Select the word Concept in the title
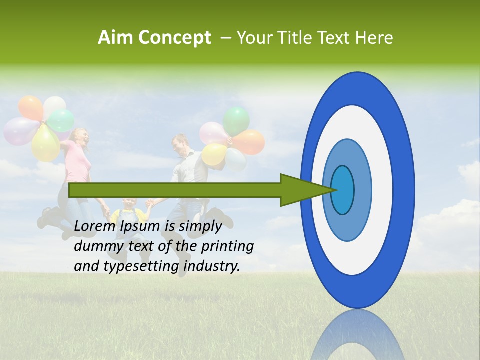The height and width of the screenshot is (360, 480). (x=174, y=38)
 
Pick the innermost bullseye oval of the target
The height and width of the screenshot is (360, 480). (x=343, y=190)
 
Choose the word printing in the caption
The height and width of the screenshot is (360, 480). (x=227, y=246)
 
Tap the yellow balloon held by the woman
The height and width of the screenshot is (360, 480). (x=46, y=144)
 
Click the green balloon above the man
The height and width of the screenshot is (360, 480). (x=236, y=120)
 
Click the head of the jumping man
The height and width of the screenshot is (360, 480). (x=179, y=144)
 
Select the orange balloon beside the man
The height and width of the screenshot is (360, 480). (x=249, y=142)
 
